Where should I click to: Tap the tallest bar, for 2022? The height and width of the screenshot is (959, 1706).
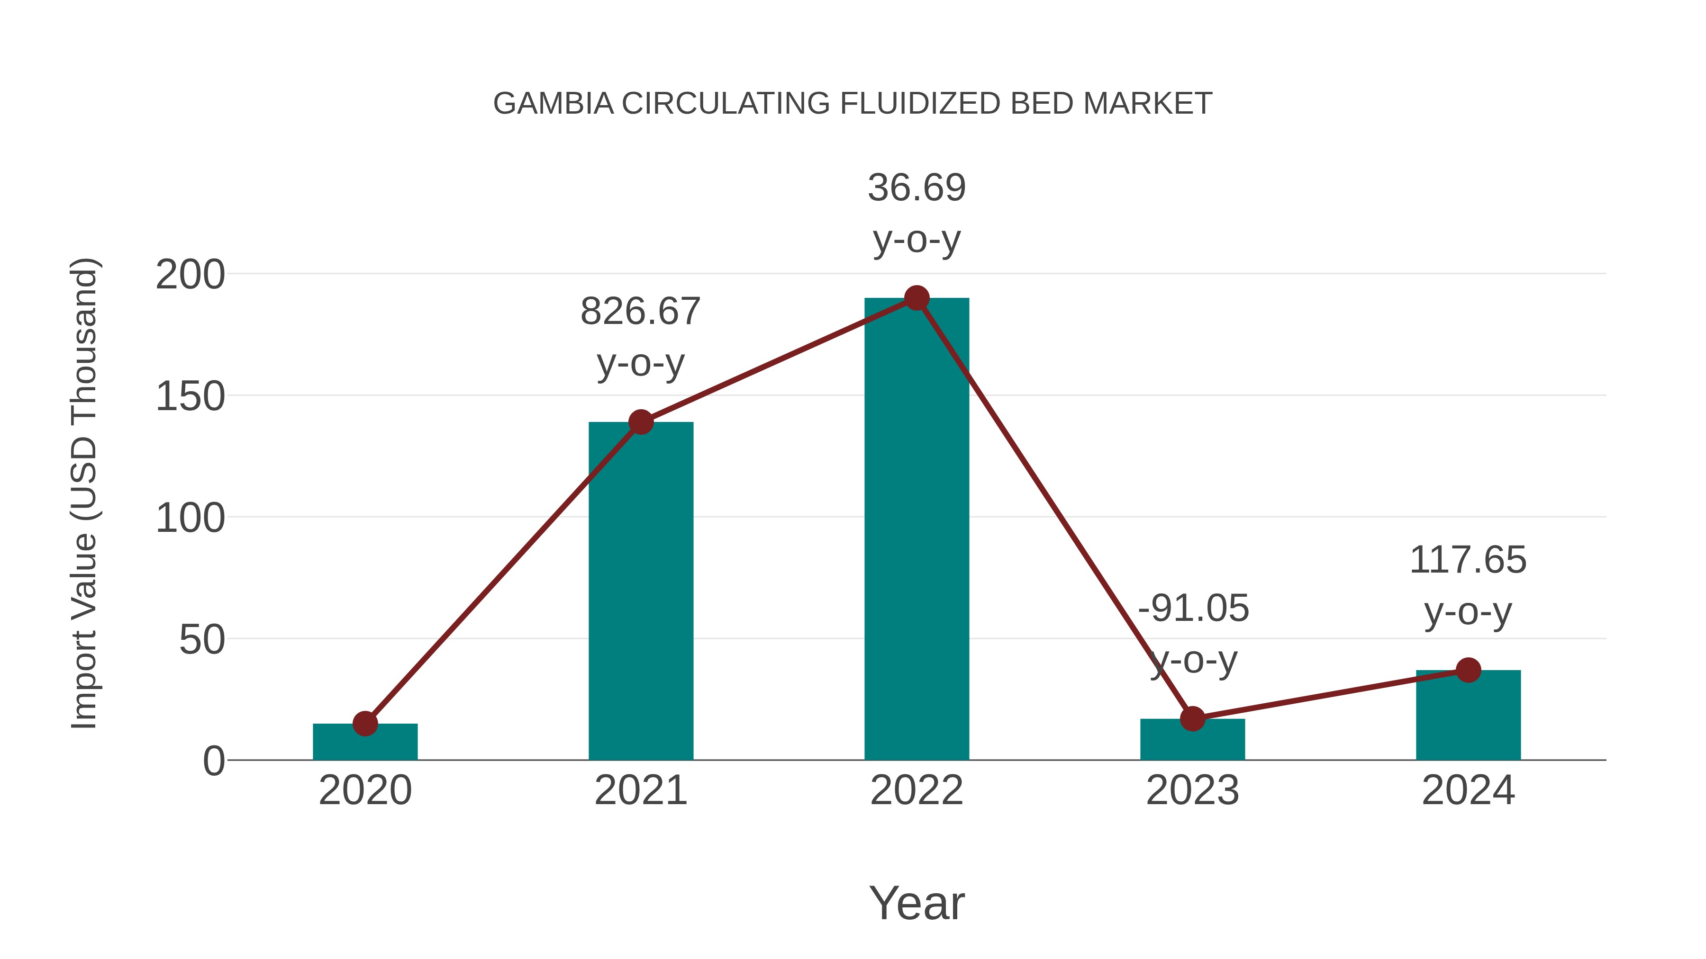coord(917,529)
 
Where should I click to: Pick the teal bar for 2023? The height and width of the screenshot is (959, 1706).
coord(1192,741)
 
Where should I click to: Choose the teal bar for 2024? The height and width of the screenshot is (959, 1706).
coord(1468,718)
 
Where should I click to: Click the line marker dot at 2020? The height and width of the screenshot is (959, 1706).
coord(365,723)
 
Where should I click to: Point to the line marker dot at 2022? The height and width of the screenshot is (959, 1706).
coord(917,298)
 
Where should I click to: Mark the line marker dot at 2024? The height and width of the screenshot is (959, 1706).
coord(1468,670)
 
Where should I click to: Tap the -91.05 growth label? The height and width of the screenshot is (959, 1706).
coord(1193,608)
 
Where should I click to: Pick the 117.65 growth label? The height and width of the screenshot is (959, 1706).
coord(1468,560)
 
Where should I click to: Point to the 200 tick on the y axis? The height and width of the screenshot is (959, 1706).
coord(190,275)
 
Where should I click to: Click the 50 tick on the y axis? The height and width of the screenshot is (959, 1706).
coord(201,640)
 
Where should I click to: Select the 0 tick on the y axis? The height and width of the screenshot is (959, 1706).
coord(213,761)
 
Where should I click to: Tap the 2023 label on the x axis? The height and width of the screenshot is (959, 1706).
coord(1192,790)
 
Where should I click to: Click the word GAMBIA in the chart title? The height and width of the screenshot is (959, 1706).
coord(553,104)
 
